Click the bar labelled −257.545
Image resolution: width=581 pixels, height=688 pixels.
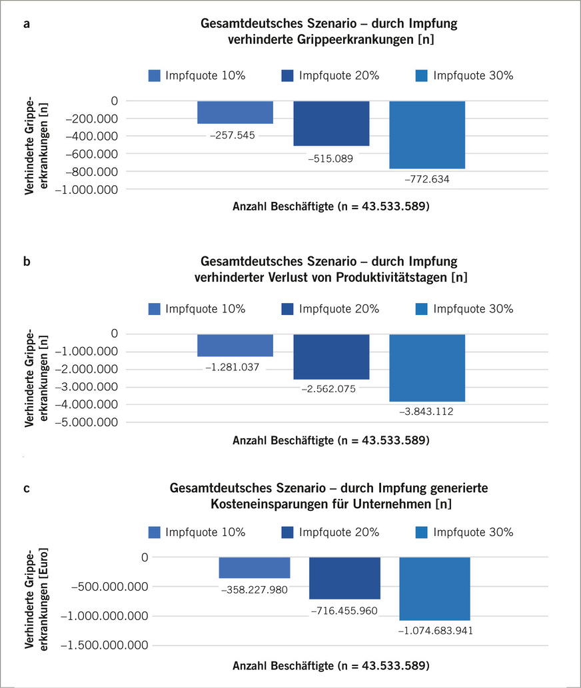(235, 112)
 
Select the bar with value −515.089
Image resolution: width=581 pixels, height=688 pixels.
(331, 123)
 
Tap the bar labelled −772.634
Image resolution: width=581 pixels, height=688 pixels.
(427, 135)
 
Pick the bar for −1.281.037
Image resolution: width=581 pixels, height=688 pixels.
(235, 345)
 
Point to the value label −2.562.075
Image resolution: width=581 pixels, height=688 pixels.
(331, 388)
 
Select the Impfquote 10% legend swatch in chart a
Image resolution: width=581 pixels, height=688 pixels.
(155, 75)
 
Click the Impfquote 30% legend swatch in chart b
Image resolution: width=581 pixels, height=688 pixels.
(422, 308)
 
